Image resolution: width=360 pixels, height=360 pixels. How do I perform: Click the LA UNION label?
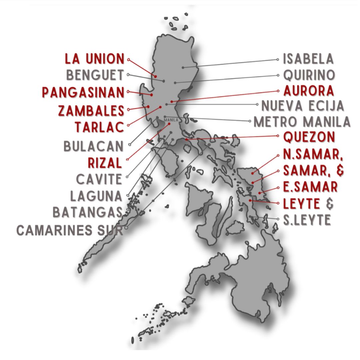[95, 59]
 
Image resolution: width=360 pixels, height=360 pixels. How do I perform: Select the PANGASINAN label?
[83, 92]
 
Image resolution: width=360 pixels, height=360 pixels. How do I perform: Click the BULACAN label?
[93, 146]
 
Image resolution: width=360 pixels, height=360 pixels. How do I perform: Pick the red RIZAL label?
[105, 163]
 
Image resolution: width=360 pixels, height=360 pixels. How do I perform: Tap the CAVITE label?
[99, 180]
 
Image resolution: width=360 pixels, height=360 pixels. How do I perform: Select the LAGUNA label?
[96, 196]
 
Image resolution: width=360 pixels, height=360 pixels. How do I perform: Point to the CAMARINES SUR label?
[70, 230]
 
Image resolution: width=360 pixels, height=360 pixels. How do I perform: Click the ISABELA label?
[308, 59]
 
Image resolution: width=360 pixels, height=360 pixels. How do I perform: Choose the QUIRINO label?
[309, 75]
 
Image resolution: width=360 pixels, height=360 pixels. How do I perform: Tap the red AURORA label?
[309, 91]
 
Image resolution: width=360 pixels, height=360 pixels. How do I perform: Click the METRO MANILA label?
[302, 122]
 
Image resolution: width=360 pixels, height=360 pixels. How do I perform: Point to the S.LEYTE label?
[307, 220]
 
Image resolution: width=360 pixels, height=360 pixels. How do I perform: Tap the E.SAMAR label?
[310, 187]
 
